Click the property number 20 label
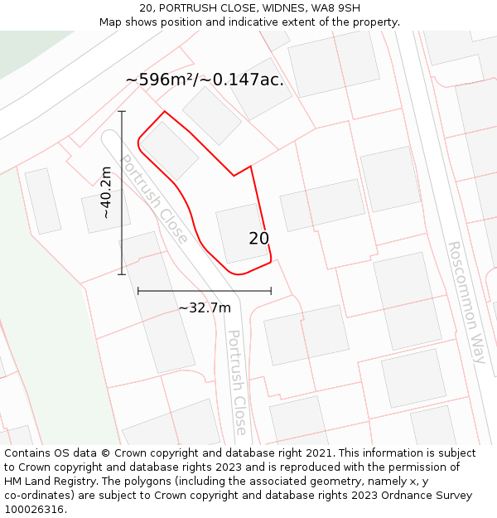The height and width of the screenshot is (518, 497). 258,239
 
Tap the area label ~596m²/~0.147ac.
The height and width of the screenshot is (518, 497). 205,80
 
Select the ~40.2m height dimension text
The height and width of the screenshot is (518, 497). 106,192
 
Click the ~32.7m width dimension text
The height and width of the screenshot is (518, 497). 205,307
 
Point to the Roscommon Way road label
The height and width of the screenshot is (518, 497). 467,302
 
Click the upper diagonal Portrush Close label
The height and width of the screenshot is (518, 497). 154,198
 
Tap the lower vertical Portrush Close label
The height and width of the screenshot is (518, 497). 238,382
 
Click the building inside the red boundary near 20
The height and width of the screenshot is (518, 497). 241,232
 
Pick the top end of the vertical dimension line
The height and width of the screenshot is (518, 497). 122,111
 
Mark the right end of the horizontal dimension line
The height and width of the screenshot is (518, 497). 271,291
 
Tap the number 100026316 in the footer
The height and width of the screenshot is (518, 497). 34,509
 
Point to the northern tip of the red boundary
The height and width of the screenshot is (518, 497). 164,111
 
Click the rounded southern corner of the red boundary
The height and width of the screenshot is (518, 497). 238,274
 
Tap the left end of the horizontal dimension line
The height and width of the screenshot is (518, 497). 138,291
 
